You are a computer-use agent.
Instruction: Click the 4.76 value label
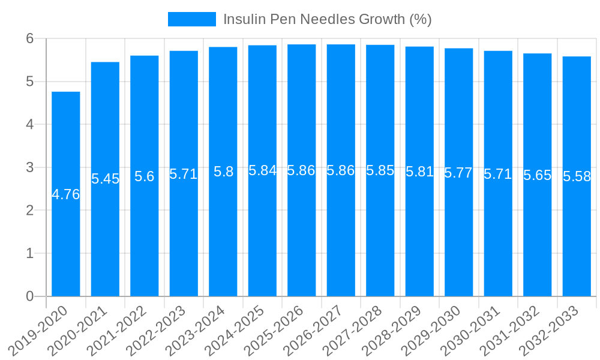[66, 194]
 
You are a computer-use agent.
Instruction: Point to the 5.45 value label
[105, 179]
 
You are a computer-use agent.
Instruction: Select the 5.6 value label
[145, 176]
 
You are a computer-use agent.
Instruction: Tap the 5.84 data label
[262, 170]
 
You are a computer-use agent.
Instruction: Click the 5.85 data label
[380, 170]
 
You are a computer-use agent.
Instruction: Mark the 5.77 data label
[459, 173]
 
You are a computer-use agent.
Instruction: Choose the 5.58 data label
[577, 176]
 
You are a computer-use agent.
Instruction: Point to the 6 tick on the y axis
[29, 38]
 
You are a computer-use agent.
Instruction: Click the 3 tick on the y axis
[29, 167]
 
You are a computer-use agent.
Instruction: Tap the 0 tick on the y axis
[29, 296]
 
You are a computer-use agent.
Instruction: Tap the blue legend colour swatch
[191, 19]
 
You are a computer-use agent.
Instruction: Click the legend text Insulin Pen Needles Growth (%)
[327, 19]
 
